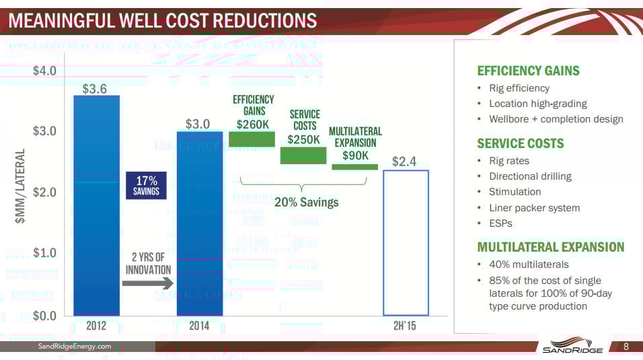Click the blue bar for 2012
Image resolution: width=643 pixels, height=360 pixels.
tap(96, 205)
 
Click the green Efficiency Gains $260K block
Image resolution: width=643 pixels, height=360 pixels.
tap(252, 139)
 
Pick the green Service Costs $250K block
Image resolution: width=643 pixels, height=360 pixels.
tap(303, 155)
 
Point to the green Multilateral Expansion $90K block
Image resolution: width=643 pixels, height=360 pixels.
tap(354, 166)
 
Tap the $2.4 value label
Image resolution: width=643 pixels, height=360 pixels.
tap(404, 161)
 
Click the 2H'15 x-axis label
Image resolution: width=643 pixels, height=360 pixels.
tap(406, 326)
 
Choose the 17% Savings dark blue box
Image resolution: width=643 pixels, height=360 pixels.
tap(146, 186)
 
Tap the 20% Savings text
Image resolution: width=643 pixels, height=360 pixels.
tap(306, 202)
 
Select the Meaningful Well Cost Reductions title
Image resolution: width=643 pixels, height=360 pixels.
tap(161, 21)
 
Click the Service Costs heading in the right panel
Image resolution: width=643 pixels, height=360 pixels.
tap(520, 143)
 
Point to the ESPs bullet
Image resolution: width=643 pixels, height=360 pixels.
tap(500, 223)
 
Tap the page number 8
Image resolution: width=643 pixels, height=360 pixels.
tap(626, 347)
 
